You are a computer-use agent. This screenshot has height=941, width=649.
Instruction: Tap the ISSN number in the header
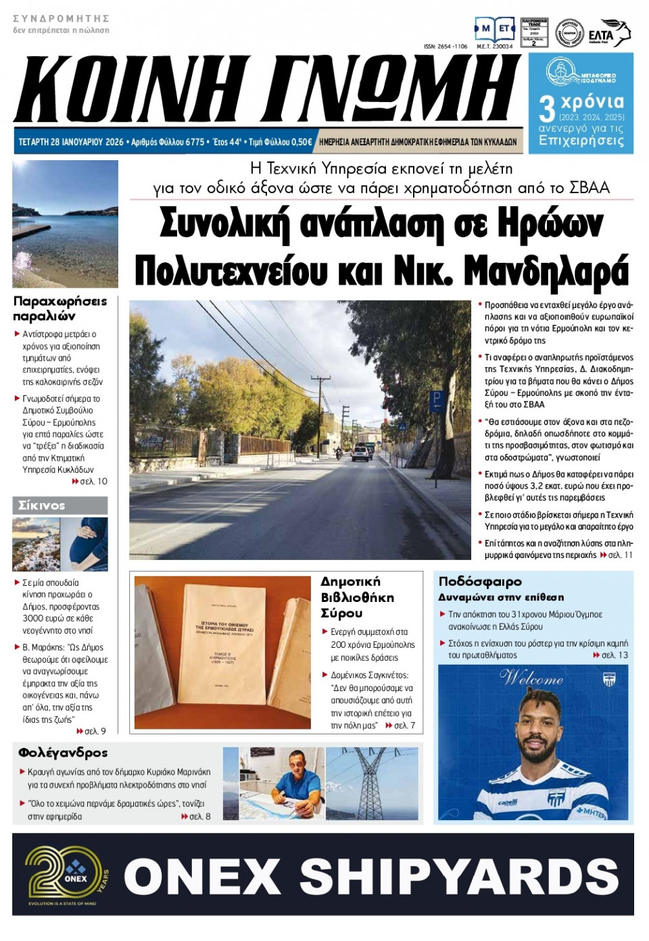[446, 47]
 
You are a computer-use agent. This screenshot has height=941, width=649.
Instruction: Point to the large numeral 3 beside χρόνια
[546, 108]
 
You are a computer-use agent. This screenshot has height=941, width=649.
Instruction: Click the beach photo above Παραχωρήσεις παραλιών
[66, 223]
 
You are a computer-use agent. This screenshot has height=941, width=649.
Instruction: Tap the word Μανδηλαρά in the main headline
[546, 272]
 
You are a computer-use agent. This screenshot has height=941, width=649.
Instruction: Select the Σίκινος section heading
[42, 505]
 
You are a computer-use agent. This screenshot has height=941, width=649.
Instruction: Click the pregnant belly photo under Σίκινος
[85, 543]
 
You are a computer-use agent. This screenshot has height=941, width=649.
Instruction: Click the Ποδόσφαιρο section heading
[480, 582]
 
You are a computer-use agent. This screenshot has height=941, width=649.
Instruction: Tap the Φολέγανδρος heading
[63, 753]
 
